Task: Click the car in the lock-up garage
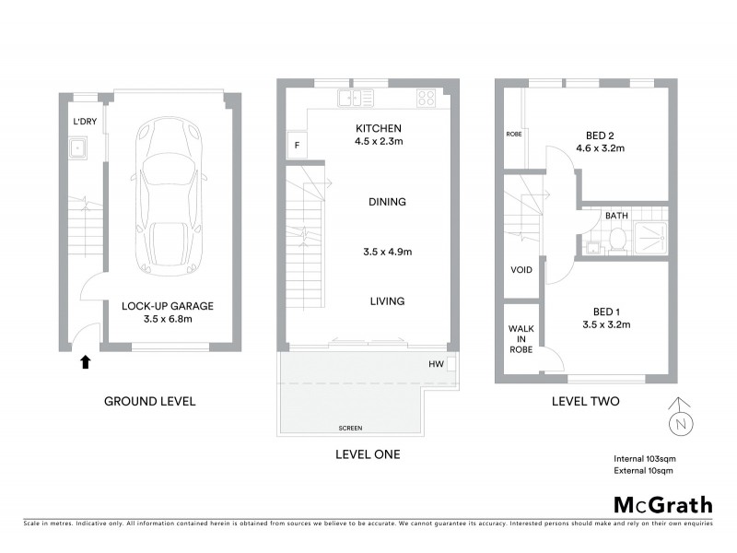coord(166,197)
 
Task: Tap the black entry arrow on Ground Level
coord(85,362)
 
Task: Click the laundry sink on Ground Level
coord(80,146)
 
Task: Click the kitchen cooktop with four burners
coord(427,98)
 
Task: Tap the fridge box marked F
coord(297,145)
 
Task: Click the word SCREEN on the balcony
coord(349,429)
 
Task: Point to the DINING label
coord(387,202)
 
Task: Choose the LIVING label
coord(387,300)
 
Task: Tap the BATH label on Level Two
coord(616,216)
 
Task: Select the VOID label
coord(521,271)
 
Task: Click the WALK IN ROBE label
coord(521,338)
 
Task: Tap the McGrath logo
coord(662,504)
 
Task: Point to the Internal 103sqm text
coord(644,458)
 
